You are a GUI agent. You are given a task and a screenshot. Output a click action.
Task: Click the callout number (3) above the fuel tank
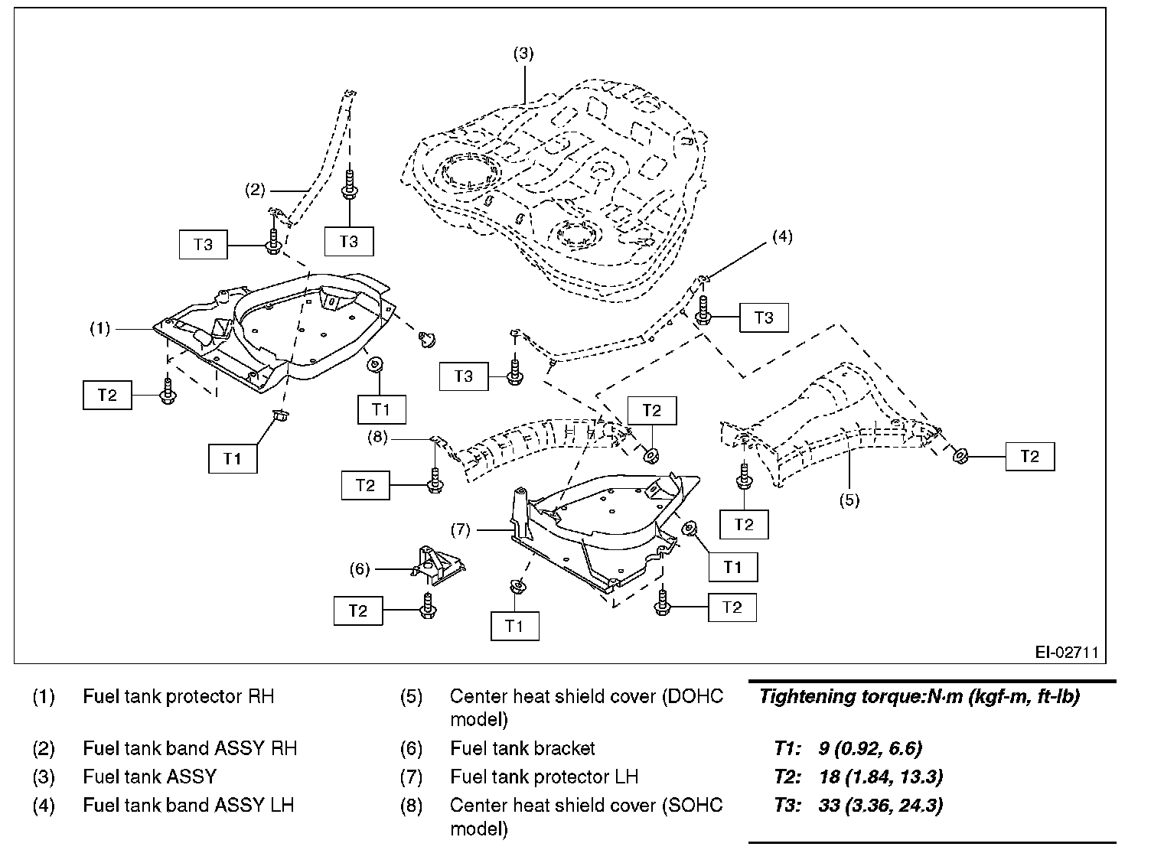point(523,54)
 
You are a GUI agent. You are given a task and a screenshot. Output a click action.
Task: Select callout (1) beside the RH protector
point(100,329)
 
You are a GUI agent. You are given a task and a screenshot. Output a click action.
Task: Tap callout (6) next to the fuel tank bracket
point(360,568)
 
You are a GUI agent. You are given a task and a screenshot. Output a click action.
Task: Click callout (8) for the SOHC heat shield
point(379,438)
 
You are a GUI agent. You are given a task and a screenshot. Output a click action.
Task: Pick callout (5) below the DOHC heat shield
point(849,500)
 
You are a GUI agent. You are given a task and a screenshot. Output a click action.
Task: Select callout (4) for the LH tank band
point(781,236)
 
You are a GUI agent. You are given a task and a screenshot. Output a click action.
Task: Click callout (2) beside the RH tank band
point(255,190)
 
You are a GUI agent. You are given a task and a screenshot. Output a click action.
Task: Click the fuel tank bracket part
point(439,565)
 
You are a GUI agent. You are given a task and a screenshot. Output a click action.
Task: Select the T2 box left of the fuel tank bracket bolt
point(357,611)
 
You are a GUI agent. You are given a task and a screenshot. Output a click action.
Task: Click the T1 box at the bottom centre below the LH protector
point(514,625)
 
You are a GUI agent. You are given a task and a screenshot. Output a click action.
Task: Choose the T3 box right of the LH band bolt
point(764,318)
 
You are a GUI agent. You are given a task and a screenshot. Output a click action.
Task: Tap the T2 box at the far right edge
point(1029,456)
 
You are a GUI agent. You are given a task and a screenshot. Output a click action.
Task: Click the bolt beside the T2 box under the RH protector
point(168,390)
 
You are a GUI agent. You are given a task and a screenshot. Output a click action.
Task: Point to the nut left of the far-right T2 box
point(959,456)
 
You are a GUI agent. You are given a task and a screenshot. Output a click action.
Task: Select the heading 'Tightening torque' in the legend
point(919,697)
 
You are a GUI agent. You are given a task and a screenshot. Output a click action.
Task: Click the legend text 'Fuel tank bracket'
point(523,748)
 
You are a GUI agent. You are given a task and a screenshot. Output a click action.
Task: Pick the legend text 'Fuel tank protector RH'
point(178,697)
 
